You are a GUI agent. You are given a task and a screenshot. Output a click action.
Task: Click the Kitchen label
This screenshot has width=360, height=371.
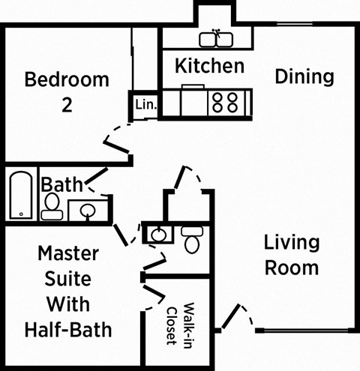pyautogui.click(x=209, y=66)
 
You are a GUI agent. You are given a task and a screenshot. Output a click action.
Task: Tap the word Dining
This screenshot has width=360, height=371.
pyautogui.click(x=304, y=76)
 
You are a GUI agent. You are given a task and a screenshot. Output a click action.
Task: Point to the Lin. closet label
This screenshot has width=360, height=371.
pyautogui.click(x=145, y=106)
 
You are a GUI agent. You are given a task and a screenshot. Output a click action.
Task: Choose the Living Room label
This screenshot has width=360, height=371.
pyautogui.click(x=292, y=255)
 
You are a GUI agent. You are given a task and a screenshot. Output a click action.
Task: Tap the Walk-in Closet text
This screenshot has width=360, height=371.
pyautogui.click(x=181, y=324)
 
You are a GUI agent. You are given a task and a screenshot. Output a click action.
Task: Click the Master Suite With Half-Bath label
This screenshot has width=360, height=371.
pyautogui.click(x=69, y=291)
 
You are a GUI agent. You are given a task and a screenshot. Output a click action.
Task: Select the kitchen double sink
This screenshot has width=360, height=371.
pyautogui.click(x=218, y=38)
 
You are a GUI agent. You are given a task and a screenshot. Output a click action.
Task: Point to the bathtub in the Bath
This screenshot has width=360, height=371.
pyautogui.click(x=20, y=196)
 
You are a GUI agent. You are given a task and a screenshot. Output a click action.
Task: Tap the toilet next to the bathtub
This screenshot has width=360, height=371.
pyautogui.click(x=52, y=205)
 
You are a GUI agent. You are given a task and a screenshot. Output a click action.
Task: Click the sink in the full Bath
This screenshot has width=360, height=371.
pyautogui.click(x=88, y=211)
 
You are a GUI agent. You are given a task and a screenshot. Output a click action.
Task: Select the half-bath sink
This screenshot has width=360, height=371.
pyautogui.click(x=158, y=235)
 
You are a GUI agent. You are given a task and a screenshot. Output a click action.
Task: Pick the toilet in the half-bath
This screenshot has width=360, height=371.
pyautogui.click(x=191, y=239)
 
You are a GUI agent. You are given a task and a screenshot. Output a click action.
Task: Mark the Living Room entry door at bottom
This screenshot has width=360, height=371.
pyautogui.click(x=234, y=316)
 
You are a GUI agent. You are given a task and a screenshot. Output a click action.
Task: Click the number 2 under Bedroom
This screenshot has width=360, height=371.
pyautogui.click(x=67, y=106)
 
